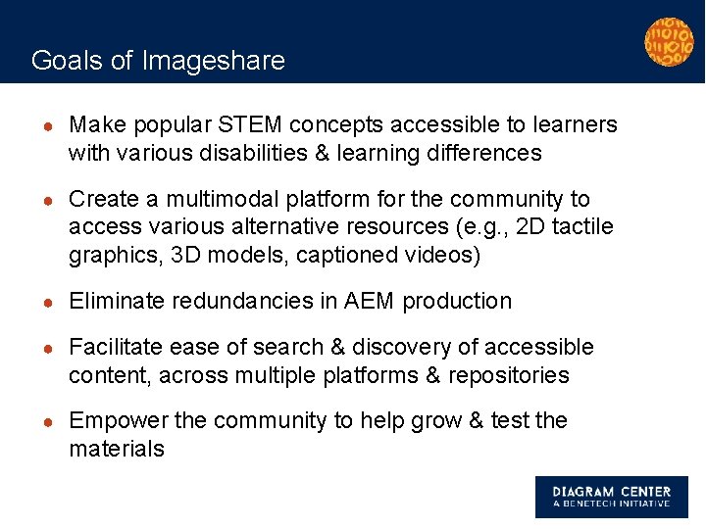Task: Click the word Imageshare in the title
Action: pyautogui.click(x=214, y=61)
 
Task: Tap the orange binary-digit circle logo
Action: pyautogui.click(x=668, y=41)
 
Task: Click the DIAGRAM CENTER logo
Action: pyautogui.click(x=611, y=497)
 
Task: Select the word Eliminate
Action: pyautogui.click(x=117, y=301)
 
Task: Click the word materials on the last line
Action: pyautogui.click(x=117, y=449)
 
